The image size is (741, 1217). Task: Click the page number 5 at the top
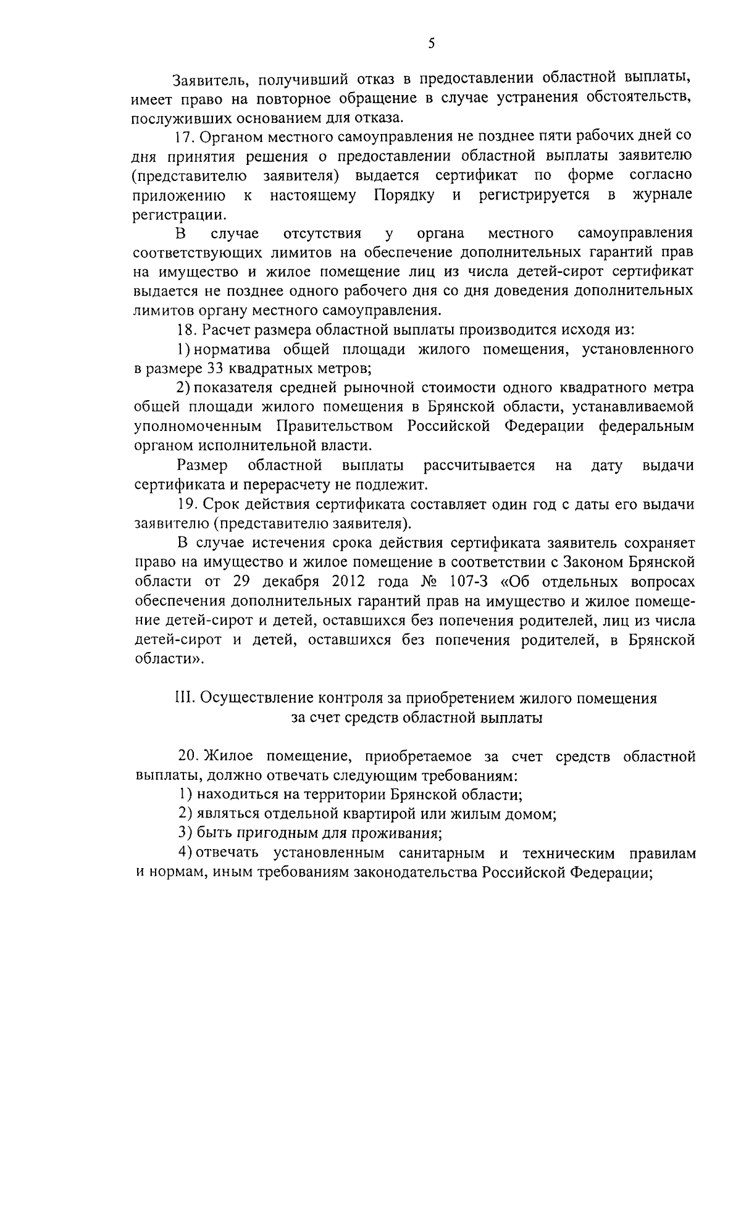point(431,43)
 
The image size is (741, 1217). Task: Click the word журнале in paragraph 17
point(662,194)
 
